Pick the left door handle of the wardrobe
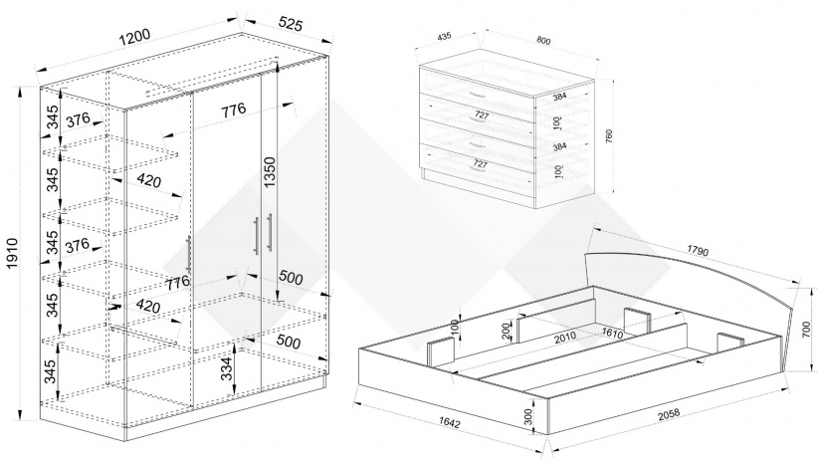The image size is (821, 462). pos(189,255)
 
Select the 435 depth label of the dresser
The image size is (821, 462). pos(444,37)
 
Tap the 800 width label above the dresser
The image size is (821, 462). pos(543,41)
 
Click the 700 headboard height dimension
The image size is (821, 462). pos(805,339)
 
